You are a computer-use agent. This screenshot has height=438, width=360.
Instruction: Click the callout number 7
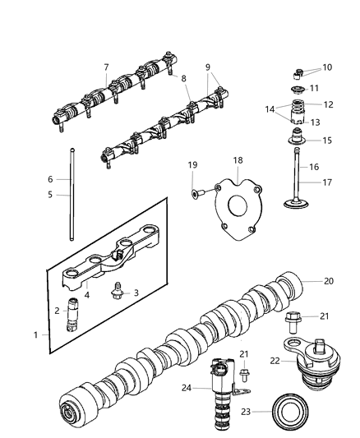point(105,67)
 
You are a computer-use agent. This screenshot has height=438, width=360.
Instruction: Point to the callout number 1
point(35,334)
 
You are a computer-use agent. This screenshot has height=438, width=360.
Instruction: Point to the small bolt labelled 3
point(118,292)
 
